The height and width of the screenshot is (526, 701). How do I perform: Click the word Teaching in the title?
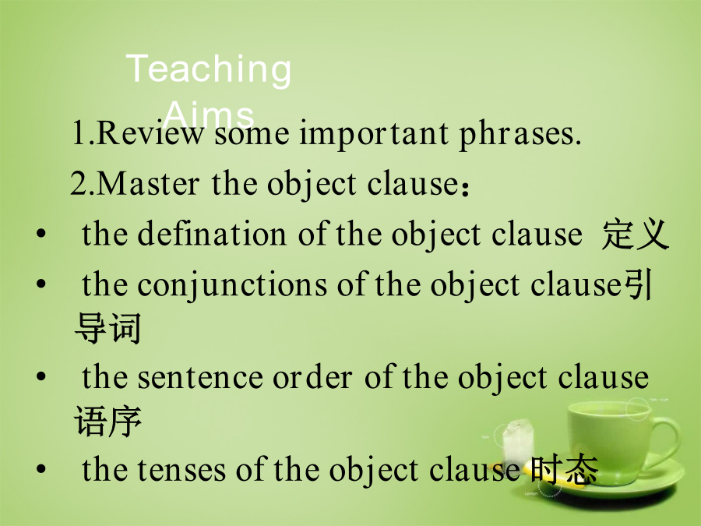208,69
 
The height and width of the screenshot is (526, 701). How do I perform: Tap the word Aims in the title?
209,115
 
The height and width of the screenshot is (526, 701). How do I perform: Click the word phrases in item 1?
520,135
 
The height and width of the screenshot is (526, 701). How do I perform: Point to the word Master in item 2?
147,183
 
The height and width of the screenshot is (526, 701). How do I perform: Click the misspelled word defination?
211,233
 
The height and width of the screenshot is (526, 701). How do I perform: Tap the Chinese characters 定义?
635,234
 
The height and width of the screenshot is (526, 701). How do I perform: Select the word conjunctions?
231,285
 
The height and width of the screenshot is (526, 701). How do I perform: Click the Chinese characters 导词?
107,328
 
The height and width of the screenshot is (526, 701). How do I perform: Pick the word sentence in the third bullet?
200,377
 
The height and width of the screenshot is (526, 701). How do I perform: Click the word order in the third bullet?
312,377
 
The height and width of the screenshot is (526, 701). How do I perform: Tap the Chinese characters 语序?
107,421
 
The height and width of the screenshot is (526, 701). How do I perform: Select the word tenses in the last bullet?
181,470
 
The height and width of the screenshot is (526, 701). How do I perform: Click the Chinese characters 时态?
564,470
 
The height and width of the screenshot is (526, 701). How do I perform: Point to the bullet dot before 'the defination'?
41,234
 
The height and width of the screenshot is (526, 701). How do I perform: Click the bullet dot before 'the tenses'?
41,469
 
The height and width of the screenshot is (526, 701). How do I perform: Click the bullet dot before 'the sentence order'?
41,376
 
